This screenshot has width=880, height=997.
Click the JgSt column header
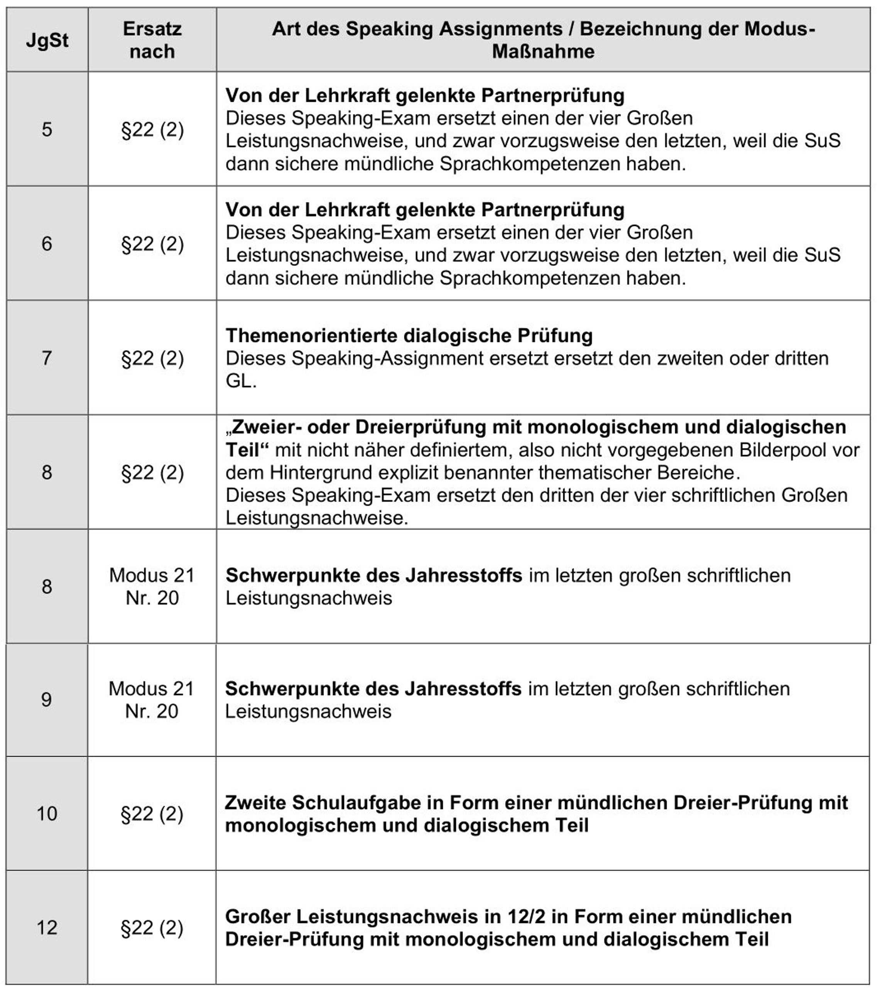coord(47,40)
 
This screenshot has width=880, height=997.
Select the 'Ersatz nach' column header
coord(152,40)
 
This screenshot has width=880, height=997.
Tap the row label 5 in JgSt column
coord(47,130)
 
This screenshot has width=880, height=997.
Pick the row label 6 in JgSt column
coord(47,244)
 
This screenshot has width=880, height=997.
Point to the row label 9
coord(46,700)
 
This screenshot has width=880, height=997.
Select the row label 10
coord(47,813)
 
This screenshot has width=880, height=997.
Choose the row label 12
coord(47,928)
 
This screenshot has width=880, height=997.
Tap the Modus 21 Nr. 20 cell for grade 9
coord(152,700)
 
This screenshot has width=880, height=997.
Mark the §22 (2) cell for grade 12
coord(152,928)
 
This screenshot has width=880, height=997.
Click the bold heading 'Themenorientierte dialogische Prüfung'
coord(409,336)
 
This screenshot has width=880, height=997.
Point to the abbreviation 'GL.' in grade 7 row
coord(240,381)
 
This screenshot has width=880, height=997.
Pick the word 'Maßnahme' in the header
coord(543,51)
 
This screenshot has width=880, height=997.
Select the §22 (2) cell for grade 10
coord(152,813)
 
